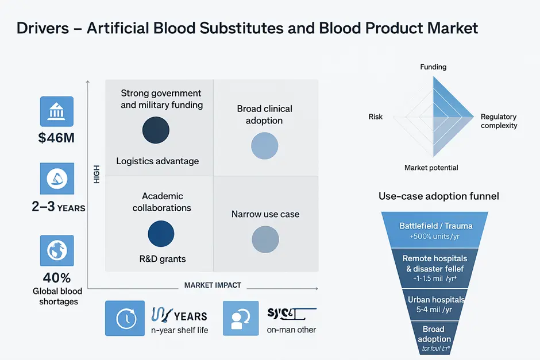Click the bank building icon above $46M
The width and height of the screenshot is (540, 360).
(x=56, y=111)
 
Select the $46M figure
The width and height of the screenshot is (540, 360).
(x=56, y=138)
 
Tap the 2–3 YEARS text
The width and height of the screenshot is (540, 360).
(x=58, y=207)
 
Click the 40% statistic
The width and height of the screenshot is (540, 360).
(x=57, y=278)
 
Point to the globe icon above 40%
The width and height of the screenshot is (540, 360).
(x=57, y=250)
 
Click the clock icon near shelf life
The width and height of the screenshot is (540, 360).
(x=125, y=319)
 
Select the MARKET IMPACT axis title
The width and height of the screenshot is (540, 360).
(x=213, y=285)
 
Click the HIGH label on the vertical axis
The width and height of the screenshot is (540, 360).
(x=96, y=175)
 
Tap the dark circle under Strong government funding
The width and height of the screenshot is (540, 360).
(x=156, y=130)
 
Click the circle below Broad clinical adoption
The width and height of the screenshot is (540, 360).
(x=264, y=145)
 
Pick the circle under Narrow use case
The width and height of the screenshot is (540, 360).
(x=265, y=239)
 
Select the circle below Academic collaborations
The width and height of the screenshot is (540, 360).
(x=161, y=234)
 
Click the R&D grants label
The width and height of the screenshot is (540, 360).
(x=163, y=259)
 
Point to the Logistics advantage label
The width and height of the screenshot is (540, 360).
(x=157, y=161)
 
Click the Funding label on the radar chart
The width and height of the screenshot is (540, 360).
(x=433, y=67)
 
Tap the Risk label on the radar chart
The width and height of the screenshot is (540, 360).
(x=376, y=117)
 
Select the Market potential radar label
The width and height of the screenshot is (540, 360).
(x=431, y=168)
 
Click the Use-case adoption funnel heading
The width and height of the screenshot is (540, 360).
(x=438, y=196)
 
